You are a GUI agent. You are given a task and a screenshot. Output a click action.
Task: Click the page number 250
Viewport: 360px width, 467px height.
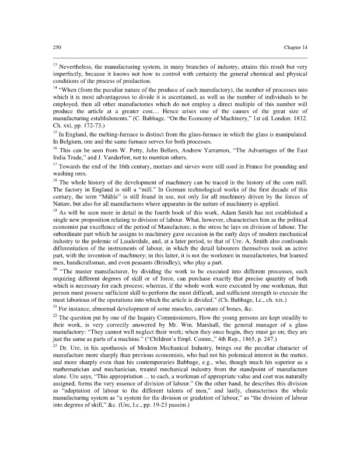point(57,47)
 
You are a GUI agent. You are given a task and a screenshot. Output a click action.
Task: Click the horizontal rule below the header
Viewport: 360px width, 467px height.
point(180,57)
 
